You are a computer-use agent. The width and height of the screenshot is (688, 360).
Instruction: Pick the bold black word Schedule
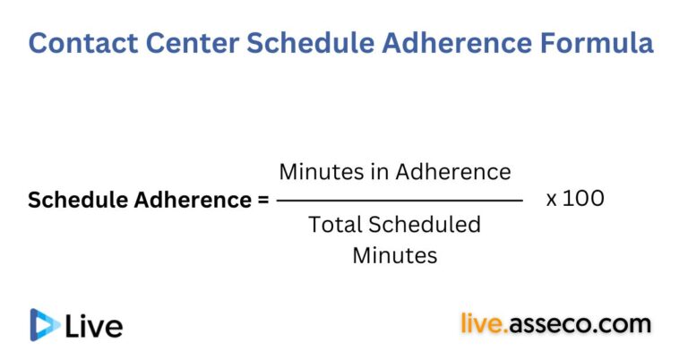pos(77,201)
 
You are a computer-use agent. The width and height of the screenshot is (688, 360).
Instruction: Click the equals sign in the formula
pos(262,201)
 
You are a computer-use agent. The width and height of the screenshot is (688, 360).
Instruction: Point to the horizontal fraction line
pos(400,201)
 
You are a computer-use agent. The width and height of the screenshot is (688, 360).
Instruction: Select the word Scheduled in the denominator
pos(425,225)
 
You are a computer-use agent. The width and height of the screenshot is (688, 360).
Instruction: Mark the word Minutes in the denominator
pos(394,255)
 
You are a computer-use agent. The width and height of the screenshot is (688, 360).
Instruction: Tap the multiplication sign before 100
pos(552,199)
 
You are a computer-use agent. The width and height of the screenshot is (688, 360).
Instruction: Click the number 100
pos(584,198)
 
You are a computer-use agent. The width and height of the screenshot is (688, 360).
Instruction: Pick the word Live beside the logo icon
pos(94,325)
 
